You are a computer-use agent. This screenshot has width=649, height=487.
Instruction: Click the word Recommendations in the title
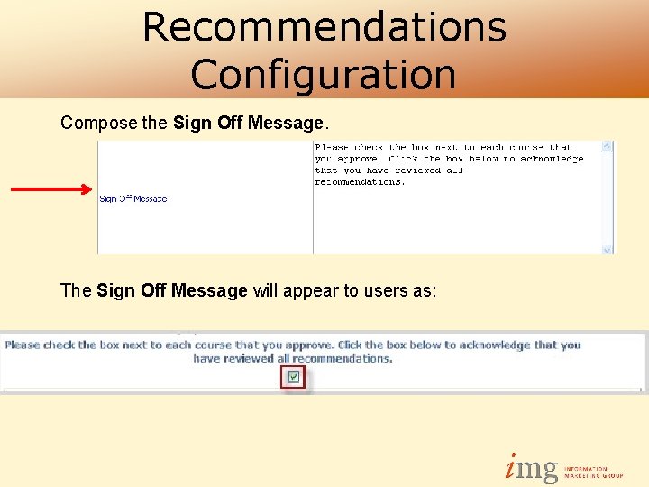coord(324,27)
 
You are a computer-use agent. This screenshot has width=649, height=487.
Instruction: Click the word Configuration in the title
coord(323,74)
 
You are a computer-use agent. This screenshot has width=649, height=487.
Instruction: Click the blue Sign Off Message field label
coord(133,198)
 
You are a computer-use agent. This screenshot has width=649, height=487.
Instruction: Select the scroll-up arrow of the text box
coord(608,146)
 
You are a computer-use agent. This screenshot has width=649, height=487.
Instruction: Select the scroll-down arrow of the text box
coord(608,249)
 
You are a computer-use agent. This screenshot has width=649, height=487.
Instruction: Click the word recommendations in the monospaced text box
coord(360,182)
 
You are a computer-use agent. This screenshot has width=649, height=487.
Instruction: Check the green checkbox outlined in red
coord(294,377)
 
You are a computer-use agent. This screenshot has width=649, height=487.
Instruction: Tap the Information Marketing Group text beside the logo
coord(593,472)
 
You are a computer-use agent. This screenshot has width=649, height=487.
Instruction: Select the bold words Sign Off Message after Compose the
coord(247,123)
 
